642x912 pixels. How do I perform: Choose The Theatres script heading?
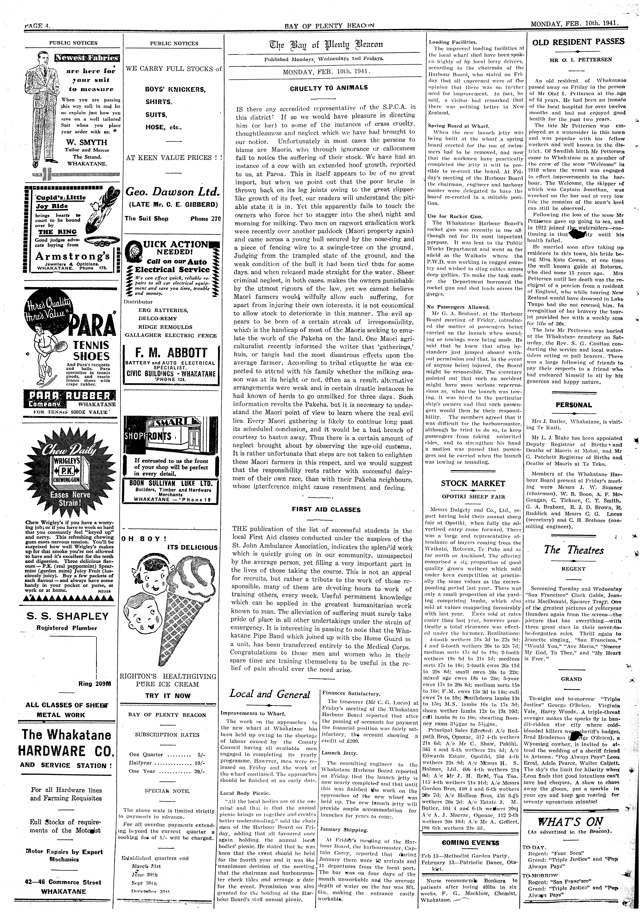click(574, 550)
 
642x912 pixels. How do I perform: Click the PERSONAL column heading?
click(574, 405)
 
